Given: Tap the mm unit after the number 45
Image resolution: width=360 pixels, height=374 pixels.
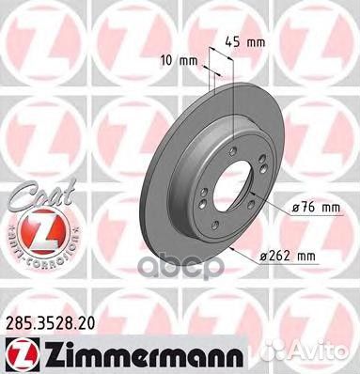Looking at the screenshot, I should coord(254,41).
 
